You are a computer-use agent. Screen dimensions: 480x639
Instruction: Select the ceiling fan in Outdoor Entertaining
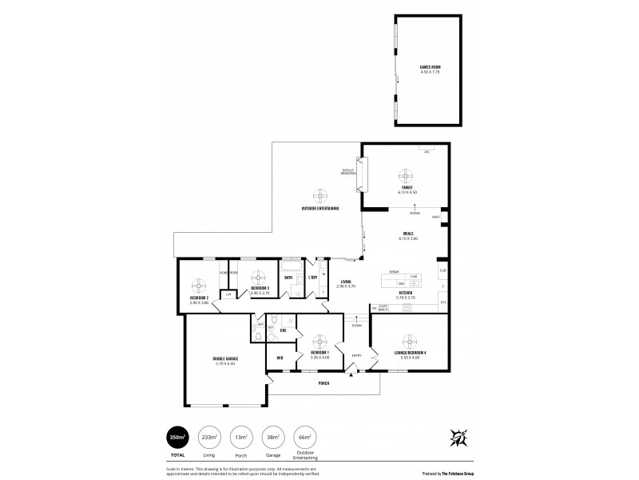click(320, 196)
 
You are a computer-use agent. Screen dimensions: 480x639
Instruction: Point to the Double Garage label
click(224, 360)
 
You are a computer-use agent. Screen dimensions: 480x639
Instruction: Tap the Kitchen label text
click(405, 294)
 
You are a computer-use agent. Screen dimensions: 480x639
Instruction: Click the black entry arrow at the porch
click(349, 374)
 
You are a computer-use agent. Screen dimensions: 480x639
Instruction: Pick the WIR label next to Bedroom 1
click(280, 358)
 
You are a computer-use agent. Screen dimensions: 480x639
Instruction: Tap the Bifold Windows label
click(349, 171)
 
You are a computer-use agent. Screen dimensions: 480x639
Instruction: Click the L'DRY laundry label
click(313, 278)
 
